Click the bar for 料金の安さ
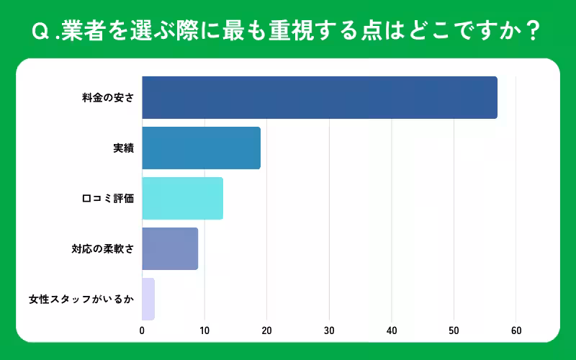point(319,97)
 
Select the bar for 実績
point(201,148)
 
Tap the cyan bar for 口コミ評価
point(182,198)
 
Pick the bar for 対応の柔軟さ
point(170,248)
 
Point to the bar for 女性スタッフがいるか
point(148,299)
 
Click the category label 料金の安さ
point(108,97)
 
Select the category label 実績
point(123,148)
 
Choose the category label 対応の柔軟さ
point(102,248)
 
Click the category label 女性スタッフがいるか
point(81,299)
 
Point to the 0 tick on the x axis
point(142,330)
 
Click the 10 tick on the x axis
point(204,330)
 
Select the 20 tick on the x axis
point(266,330)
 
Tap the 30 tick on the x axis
point(329,330)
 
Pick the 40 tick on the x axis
point(392,330)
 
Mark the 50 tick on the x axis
point(454,330)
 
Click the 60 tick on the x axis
point(516,330)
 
